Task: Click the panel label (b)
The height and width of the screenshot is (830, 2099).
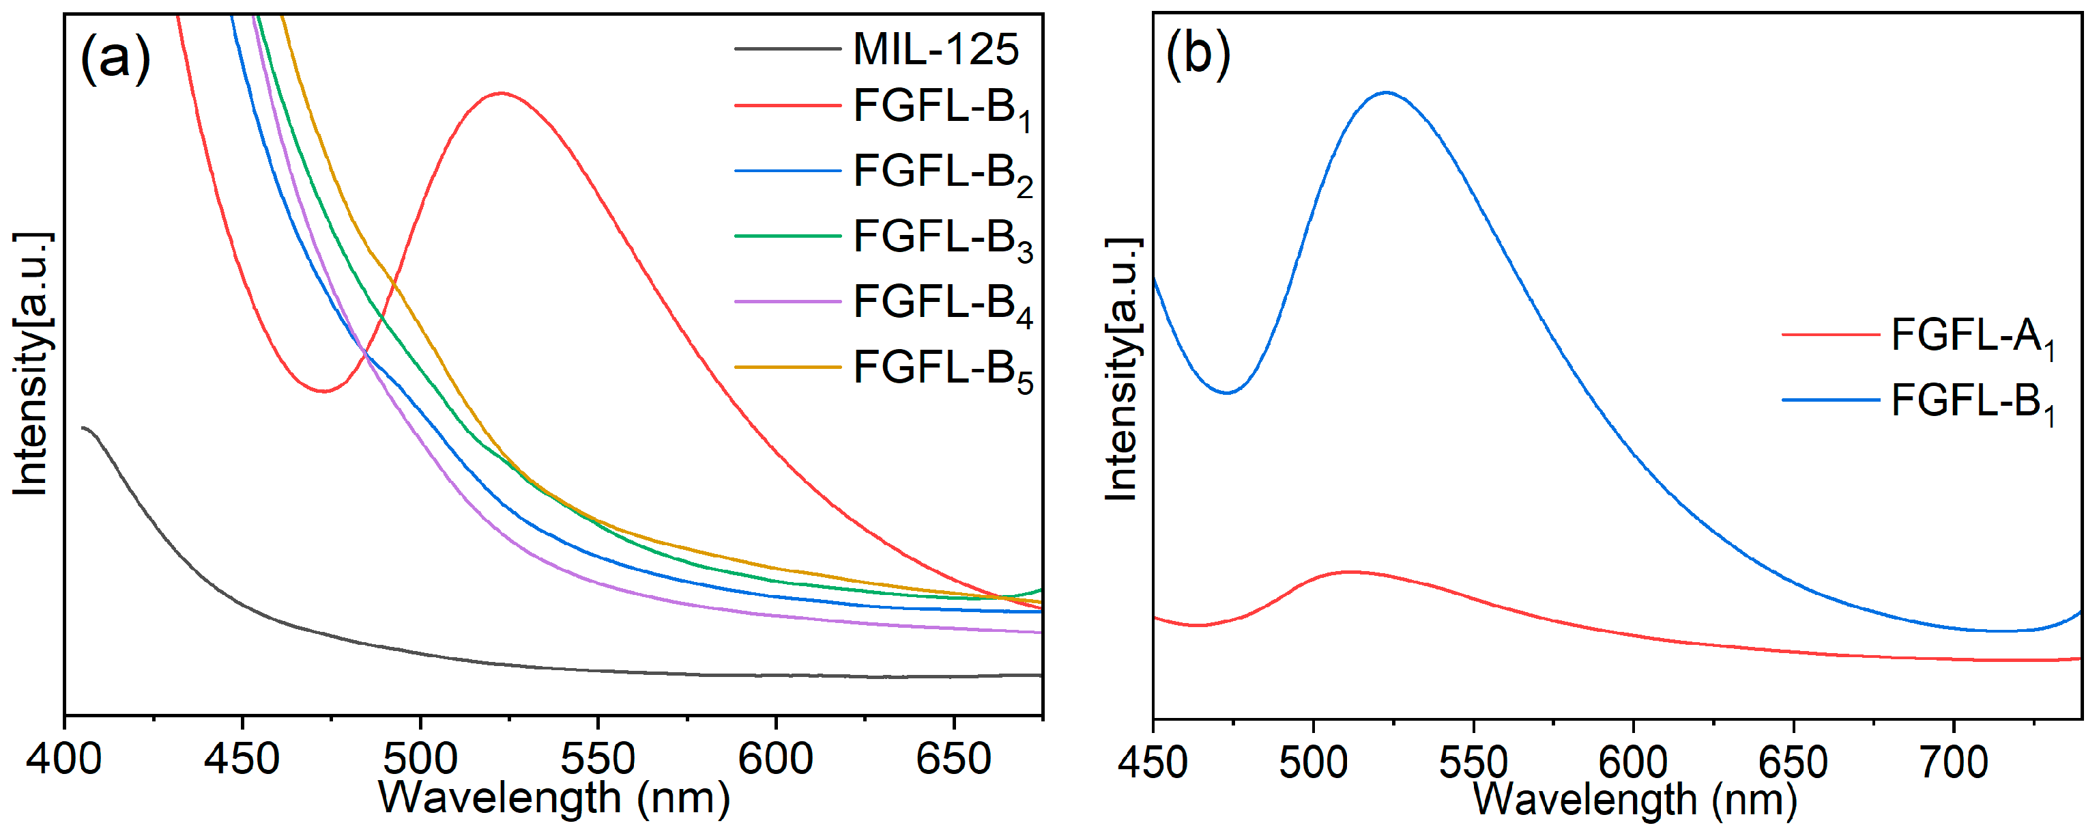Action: click(x=1197, y=55)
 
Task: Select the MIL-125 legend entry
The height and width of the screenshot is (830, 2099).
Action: click(x=935, y=49)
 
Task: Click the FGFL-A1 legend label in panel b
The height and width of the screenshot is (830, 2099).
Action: click(x=1972, y=337)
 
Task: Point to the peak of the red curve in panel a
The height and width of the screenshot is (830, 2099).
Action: click(x=501, y=93)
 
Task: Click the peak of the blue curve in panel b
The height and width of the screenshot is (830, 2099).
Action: click(x=1386, y=92)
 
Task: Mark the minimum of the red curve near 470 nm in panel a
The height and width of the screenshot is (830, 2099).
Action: click(x=324, y=391)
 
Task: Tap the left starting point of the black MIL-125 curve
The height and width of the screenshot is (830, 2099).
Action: click(x=83, y=427)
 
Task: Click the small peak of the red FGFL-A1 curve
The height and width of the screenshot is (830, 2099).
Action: click(x=1350, y=572)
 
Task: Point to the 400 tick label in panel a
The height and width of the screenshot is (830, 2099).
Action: click(x=63, y=759)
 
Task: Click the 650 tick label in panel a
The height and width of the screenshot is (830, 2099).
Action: click(x=953, y=759)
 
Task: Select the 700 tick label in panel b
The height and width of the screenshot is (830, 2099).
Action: click(x=1953, y=763)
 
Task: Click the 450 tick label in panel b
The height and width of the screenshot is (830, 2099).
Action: click(x=1153, y=763)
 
